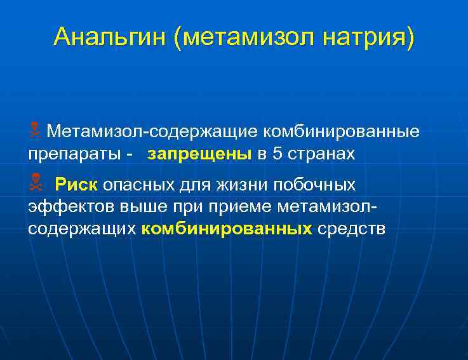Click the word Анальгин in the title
coord(110,37)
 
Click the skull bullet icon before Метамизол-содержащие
coord(35,131)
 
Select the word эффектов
coord(69,207)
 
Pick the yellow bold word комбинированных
coord(227,229)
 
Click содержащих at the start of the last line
coord(82,229)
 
